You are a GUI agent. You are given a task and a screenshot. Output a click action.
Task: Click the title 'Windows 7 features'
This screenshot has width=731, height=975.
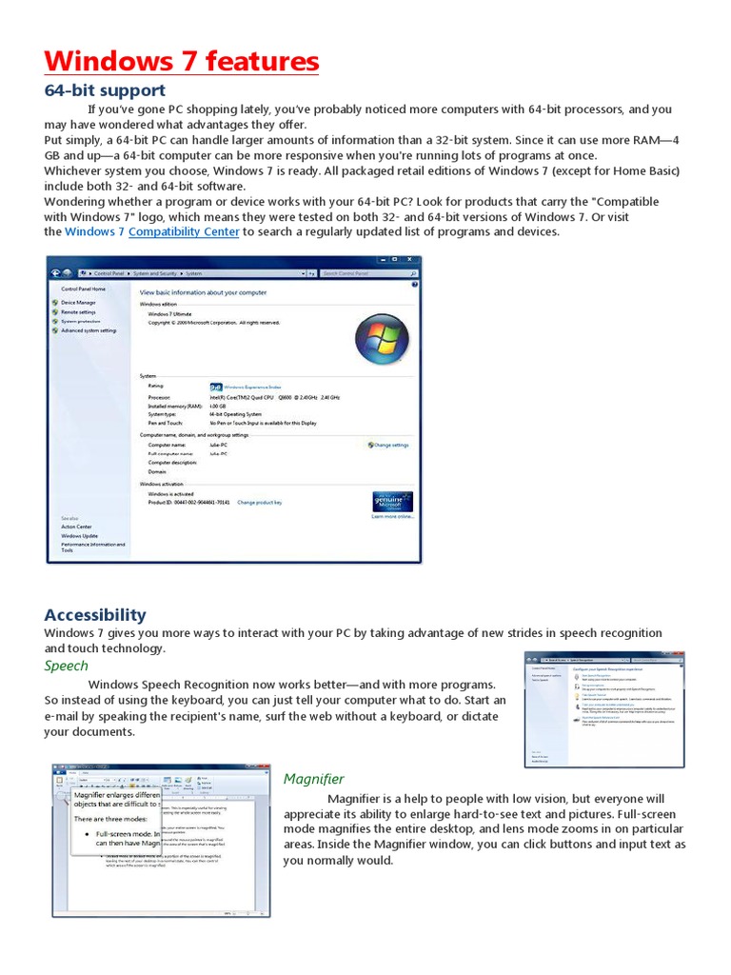pyautogui.click(x=181, y=62)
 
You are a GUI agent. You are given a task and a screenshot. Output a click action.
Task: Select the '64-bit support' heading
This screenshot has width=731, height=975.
pyautogui.click(x=105, y=90)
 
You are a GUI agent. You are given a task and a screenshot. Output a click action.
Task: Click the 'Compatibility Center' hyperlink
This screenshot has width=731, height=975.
pyautogui.click(x=184, y=231)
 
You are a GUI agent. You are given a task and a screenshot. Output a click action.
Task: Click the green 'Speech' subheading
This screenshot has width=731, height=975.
pyautogui.click(x=66, y=666)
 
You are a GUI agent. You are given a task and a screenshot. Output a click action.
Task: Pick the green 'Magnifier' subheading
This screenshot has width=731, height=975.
pyautogui.click(x=313, y=779)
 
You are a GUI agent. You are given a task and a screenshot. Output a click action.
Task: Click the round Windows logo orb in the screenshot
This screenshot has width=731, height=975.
pyautogui.click(x=381, y=339)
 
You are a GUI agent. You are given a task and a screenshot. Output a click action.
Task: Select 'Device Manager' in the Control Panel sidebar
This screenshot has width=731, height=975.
pyautogui.click(x=78, y=302)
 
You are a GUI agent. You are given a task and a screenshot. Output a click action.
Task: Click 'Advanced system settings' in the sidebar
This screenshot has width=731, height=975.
pyautogui.click(x=89, y=330)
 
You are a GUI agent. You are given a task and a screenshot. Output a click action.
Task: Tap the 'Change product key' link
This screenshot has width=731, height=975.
pyautogui.click(x=259, y=502)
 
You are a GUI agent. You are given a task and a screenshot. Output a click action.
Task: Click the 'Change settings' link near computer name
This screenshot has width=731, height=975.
pyautogui.click(x=389, y=445)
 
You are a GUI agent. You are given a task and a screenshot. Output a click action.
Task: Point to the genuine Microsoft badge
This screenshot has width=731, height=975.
pyautogui.click(x=392, y=502)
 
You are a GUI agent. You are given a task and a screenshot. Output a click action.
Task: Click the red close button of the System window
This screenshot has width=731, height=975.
pyautogui.click(x=411, y=260)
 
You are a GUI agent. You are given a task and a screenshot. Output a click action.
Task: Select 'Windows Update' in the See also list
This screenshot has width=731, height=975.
pyautogui.click(x=79, y=536)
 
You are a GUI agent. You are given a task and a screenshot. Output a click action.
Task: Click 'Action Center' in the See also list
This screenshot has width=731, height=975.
pyautogui.click(x=76, y=527)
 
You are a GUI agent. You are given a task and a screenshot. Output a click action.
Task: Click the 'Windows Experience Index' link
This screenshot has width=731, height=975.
pyautogui.click(x=251, y=388)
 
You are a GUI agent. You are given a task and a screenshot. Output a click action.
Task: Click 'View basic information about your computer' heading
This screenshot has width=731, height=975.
pyautogui.click(x=203, y=292)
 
